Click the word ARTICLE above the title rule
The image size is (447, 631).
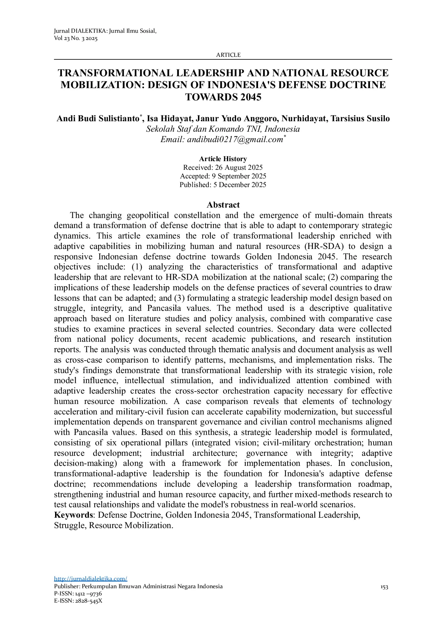coord(228,55)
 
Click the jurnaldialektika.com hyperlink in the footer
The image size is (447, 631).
coord(90,578)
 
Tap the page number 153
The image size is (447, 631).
coord(384,587)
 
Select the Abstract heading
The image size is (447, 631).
coord(223,205)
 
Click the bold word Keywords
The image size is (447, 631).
coord(73,515)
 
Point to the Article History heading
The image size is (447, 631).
coord(223,159)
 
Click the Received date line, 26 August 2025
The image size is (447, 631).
coord(223,167)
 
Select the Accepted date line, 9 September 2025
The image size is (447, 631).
coord(223,176)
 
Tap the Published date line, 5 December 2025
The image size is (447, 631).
coord(223,185)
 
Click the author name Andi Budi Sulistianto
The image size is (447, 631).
coord(98,119)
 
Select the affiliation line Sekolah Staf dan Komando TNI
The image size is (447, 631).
coord(223,129)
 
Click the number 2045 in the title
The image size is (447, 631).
coord(248,97)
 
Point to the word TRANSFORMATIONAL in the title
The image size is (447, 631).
coord(115,73)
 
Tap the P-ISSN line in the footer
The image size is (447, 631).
coord(78,594)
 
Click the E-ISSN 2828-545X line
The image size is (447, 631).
coord(78,600)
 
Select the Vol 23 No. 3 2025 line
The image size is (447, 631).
coord(76,38)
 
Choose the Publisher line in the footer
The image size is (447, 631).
coord(138,586)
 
